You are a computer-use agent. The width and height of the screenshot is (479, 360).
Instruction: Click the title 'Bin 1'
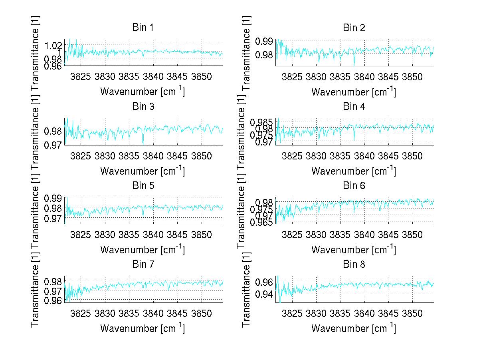[143, 28]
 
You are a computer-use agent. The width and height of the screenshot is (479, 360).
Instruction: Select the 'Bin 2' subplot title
[354, 28]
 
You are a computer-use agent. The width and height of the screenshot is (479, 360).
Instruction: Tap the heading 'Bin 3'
[143, 106]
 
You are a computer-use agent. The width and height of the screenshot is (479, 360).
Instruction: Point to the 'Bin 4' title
[354, 106]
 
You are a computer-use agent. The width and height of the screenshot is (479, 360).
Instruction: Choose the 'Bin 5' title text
[143, 185]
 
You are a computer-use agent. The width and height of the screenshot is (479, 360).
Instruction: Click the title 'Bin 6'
[354, 185]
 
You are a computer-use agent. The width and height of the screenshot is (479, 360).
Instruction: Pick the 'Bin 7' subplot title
[143, 264]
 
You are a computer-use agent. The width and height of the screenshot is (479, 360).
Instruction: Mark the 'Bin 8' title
[354, 264]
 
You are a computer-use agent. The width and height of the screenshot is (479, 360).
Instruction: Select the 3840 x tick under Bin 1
[153, 77]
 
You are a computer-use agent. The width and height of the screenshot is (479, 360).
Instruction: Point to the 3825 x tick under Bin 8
[292, 314]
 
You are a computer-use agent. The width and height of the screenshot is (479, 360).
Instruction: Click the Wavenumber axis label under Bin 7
[143, 328]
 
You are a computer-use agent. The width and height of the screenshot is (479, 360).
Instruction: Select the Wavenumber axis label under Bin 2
[354, 91]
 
